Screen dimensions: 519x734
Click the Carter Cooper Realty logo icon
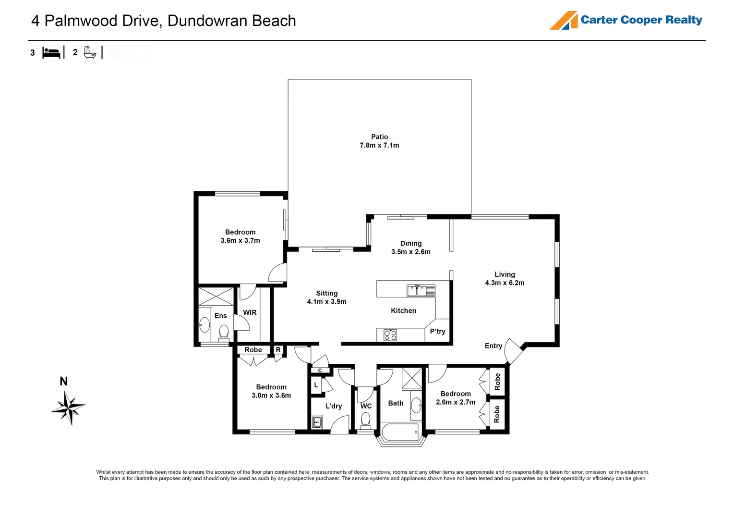point(564,21)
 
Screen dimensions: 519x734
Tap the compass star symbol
point(69,408)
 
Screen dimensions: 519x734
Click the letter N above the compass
point(63,382)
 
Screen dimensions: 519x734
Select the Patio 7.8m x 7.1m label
point(379,141)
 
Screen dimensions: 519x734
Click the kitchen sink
point(421,291)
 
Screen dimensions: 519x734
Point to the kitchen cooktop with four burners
point(390,335)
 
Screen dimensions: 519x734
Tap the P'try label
point(437,332)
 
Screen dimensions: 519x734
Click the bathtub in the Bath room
point(400,432)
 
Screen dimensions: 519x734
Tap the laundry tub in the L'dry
point(317,422)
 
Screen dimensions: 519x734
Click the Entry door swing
point(513,351)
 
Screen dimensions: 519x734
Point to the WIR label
point(250,312)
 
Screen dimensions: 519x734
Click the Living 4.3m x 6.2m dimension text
point(505,283)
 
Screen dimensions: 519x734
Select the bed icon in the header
point(51,52)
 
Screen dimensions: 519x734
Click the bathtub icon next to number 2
point(90,52)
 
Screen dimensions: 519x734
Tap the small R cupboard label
point(278,350)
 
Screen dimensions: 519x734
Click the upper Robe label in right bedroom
point(497,382)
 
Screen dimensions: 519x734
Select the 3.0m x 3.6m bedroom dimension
point(271,395)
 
